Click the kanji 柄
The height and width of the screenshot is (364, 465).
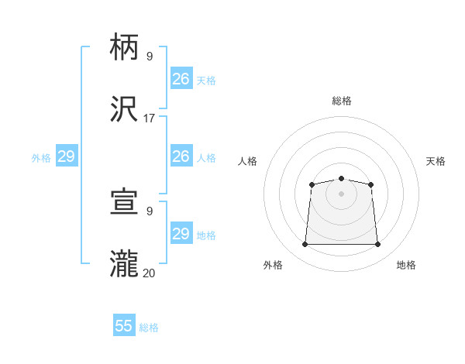pyautogui.click(x=125, y=48)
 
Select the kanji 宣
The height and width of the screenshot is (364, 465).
pyautogui.click(x=125, y=202)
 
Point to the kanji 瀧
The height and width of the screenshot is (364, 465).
pyautogui.click(x=125, y=263)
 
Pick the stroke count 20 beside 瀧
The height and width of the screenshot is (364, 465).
pyautogui.click(x=149, y=272)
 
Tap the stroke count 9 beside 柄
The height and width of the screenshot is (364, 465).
pyautogui.click(x=149, y=56)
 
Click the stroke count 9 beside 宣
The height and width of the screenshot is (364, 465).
pyautogui.click(x=149, y=211)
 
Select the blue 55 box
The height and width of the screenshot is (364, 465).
pyautogui.click(x=124, y=326)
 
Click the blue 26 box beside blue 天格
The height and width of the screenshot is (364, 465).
pyautogui.click(x=181, y=79)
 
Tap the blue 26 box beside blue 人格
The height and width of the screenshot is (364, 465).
pyautogui.click(x=181, y=156)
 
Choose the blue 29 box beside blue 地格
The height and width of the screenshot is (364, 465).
pyautogui.click(x=181, y=234)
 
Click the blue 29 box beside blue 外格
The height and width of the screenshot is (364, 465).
pyautogui.click(x=66, y=156)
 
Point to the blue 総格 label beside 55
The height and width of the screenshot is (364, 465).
pyautogui.click(x=149, y=328)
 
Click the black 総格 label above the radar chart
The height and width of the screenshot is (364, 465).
pyautogui.click(x=341, y=101)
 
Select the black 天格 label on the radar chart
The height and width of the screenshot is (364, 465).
pyautogui.click(x=436, y=161)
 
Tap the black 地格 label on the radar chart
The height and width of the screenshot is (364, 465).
pyautogui.click(x=406, y=265)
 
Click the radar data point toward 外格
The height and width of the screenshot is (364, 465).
pyautogui.click(x=305, y=245)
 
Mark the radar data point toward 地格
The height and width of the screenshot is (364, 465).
pyautogui.click(x=378, y=245)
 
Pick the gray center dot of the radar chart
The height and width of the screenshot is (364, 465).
pyautogui.click(x=341, y=193)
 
